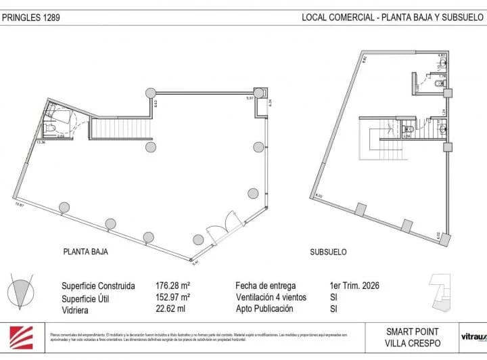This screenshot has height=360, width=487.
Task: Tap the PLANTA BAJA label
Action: pyautogui.click(x=86, y=252)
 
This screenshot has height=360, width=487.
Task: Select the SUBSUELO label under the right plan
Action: pyautogui.click(x=328, y=252)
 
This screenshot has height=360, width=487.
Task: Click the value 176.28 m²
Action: pyautogui.click(x=172, y=286)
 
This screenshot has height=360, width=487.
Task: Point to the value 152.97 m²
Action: pyautogui.click(x=172, y=297)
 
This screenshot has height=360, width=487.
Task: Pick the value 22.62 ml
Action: pyautogui.click(x=170, y=309)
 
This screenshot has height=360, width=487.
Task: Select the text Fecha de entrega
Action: pyautogui.click(x=265, y=286)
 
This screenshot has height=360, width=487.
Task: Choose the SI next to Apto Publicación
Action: pyautogui.click(x=332, y=309)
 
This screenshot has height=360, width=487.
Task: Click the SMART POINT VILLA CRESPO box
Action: pyautogui.click(x=412, y=337)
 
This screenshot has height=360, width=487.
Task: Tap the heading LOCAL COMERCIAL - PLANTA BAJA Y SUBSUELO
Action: pyautogui.click(x=388, y=18)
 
